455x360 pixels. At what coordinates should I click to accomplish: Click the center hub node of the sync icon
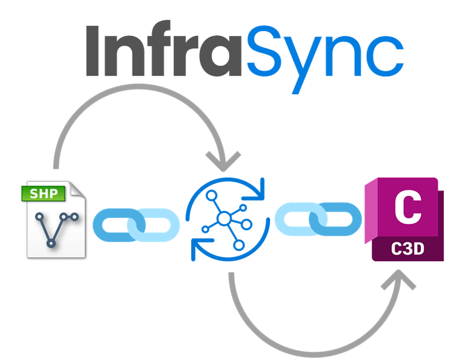click(224, 218)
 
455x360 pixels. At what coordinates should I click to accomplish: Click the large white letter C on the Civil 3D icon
click(408, 208)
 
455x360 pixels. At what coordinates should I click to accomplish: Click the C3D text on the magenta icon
click(408, 248)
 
